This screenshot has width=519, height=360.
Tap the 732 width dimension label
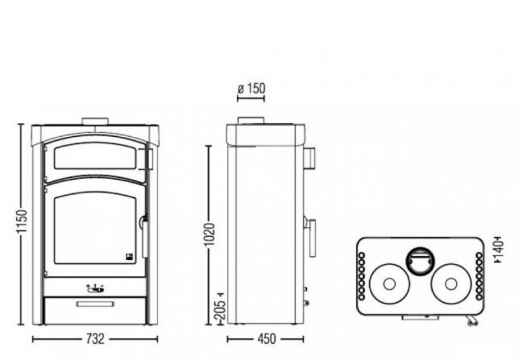click(95, 339)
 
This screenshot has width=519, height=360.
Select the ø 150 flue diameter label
click(251, 89)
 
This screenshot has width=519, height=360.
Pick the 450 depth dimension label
click(266, 339)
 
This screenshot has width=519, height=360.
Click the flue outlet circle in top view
click(420, 261)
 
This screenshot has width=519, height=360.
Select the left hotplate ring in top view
click(389, 283)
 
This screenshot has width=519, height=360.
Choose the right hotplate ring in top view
click(450, 283)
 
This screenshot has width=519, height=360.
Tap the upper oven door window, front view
click(97, 156)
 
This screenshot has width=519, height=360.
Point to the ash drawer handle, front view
click(95, 304)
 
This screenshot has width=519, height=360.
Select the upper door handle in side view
click(310, 156)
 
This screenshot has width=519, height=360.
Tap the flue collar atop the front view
click(95, 121)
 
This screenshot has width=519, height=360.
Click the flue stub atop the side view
click(250, 121)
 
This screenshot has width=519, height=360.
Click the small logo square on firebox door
click(129, 256)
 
